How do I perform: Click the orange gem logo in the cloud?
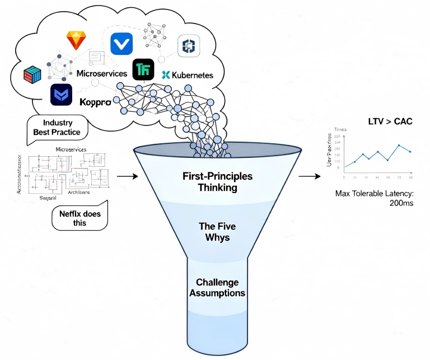[x=75, y=40]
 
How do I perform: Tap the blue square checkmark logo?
[x=121, y=44]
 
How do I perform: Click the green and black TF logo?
[x=143, y=69]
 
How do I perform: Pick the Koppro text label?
[x=95, y=102]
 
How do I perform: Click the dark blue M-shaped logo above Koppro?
[x=61, y=95]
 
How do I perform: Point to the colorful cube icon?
[x=32, y=74]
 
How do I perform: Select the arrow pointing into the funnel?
[x=127, y=176]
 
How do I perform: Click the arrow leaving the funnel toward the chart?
[x=310, y=176]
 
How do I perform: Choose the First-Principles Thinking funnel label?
[x=217, y=182]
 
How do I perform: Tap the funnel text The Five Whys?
[x=218, y=232]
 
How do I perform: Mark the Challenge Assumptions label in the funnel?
[x=217, y=287]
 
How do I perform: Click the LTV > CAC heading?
[x=390, y=121]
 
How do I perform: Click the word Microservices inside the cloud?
[x=102, y=73]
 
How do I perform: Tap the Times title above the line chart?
[x=340, y=129]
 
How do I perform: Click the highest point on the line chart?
[x=399, y=145]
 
